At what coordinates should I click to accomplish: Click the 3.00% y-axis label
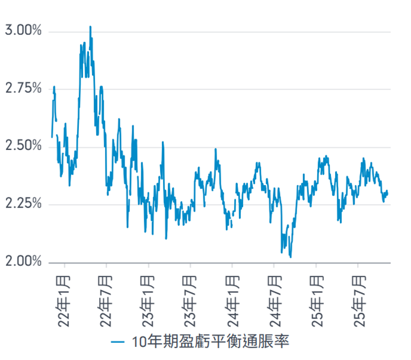click(x=23, y=31)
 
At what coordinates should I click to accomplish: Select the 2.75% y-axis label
click(x=23, y=89)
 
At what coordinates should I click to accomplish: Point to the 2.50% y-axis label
click(x=23, y=146)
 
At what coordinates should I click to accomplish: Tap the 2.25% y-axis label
click(x=23, y=205)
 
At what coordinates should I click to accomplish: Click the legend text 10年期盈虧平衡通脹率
click(x=210, y=343)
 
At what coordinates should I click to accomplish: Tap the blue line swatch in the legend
click(x=118, y=343)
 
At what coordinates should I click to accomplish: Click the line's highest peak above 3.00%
click(x=90, y=27)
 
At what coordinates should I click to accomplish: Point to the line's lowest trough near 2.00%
click(x=291, y=257)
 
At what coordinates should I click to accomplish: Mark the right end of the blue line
click(x=388, y=191)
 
